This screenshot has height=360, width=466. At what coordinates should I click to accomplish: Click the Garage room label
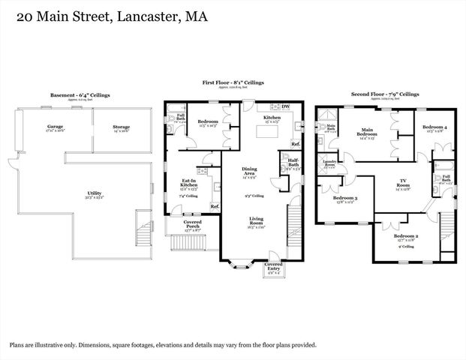[55, 127]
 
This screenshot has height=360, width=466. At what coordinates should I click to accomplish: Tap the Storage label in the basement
[122, 127]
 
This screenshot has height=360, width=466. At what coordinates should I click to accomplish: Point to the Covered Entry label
[273, 266]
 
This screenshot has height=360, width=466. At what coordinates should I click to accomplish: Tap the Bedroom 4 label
[434, 127]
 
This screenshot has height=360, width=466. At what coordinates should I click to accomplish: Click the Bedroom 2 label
[406, 236]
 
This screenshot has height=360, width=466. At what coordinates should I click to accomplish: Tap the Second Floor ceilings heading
[385, 94]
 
